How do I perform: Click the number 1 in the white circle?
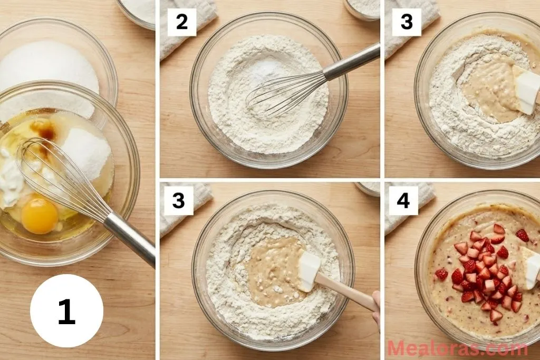click(x=66, y=311)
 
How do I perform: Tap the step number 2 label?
click(x=181, y=23)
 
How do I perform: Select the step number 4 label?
click(x=403, y=201)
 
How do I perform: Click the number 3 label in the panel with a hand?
click(x=178, y=201)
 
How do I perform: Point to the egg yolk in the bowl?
click(x=40, y=216)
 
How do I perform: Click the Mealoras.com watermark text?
click(x=457, y=348)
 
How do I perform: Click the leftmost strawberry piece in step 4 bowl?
click(x=441, y=274)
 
